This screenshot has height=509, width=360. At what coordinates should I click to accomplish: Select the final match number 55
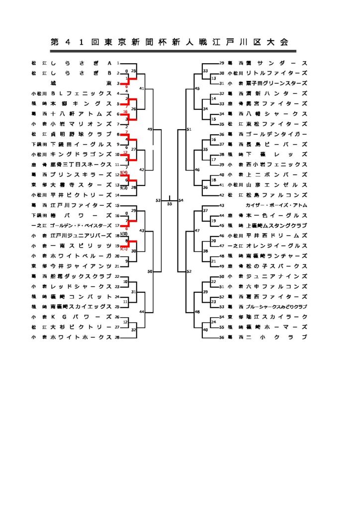tap(169, 204)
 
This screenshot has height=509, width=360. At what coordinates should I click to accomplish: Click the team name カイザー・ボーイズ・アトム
tap(276, 205)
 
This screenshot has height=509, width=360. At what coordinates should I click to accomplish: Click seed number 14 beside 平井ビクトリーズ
tap(118, 195)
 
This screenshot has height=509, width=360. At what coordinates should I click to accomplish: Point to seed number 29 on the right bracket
tap(222, 63)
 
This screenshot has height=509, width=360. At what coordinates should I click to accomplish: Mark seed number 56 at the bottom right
tap(222, 337)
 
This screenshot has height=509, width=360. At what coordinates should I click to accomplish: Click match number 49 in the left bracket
tap(150, 129)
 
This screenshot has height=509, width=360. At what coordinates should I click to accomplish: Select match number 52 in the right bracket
tap(189, 271)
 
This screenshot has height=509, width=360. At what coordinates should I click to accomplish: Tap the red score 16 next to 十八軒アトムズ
tap(125, 112)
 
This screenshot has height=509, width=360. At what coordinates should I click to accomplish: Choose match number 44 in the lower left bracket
tap(142, 312)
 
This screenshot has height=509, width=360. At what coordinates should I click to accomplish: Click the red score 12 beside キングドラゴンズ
tap(125, 152)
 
